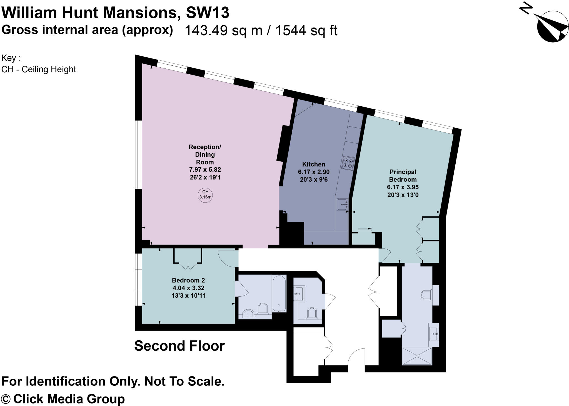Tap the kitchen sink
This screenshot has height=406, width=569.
coord(342,205)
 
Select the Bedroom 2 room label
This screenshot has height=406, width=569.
coord(188,280)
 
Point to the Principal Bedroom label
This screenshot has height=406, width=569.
coord(403,176)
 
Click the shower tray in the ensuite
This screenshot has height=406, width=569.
coord(417,356)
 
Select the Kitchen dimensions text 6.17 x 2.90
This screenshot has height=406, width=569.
coord(314,172)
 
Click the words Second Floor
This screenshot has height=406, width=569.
coord(179,346)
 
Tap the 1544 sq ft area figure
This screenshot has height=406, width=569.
coord(306,30)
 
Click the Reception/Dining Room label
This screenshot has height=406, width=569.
coord(205,154)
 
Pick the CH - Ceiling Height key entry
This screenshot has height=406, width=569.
coord(39,69)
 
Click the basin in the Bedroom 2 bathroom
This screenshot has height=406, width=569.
coord(248,314)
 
